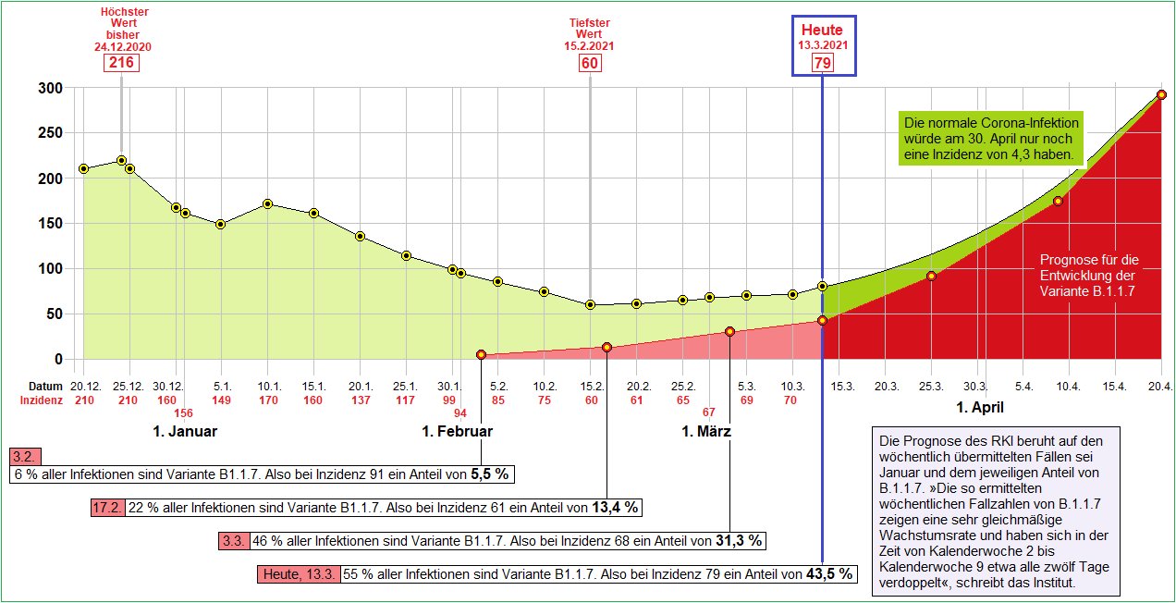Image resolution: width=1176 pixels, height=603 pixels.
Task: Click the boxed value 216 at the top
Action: tap(122, 63)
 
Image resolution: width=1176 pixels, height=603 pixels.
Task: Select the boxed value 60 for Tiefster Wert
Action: tap(590, 63)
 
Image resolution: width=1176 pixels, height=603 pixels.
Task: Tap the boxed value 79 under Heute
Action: tap(822, 63)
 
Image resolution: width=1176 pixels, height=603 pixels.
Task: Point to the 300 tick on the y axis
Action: tap(49, 88)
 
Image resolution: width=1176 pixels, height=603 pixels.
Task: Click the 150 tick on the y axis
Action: tap(49, 224)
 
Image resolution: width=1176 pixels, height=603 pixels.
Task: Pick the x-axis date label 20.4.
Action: tap(1161, 386)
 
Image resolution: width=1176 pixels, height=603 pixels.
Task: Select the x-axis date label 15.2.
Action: tap(592, 386)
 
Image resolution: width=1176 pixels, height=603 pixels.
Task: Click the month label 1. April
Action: tap(980, 407)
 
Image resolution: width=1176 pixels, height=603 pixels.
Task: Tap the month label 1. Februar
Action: tap(457, 431)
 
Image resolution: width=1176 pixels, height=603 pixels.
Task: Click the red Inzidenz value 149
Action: tap(221, 400)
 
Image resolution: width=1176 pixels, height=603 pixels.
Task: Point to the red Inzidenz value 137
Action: tap(360, 400)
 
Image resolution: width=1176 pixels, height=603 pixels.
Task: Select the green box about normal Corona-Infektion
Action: tap(991, 139)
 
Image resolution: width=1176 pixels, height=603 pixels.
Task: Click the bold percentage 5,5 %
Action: tap(490, 474)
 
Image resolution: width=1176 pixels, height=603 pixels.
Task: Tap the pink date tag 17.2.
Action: tap(107, 507)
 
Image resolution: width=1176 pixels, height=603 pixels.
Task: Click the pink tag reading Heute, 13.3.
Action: tap(299, 574)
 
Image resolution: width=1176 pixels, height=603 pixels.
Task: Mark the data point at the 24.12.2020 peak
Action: tap(121, 160)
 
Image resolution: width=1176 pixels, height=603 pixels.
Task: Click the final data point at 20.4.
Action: tap(1161, 94)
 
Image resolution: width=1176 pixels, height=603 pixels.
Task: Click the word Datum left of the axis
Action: tap(43, 386)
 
